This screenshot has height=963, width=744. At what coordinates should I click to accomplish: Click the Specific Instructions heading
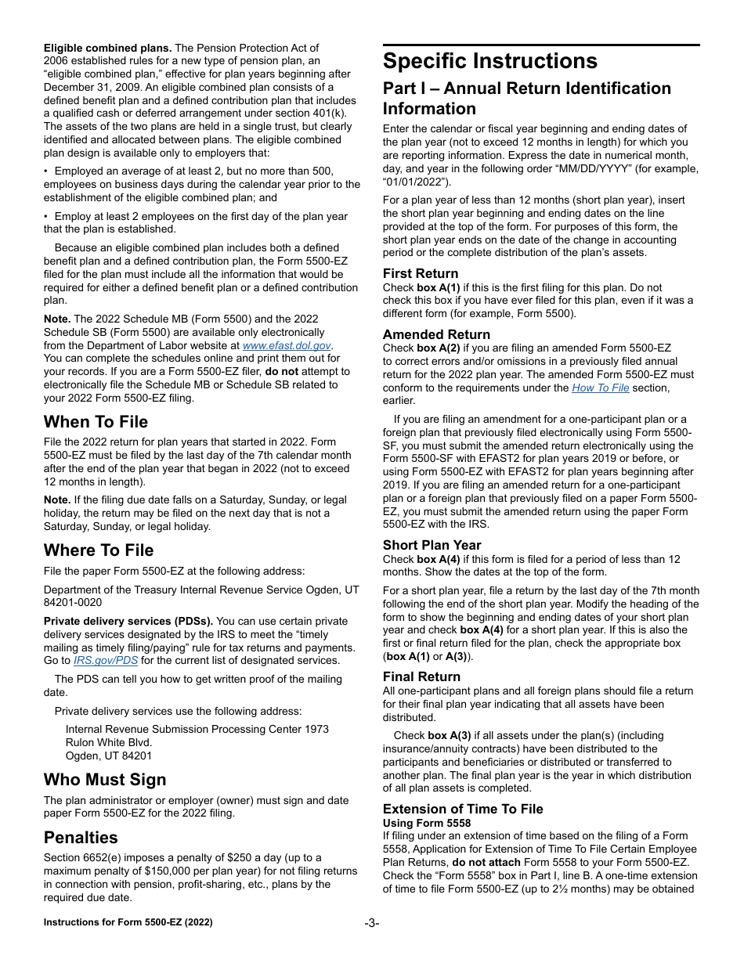point(489,61)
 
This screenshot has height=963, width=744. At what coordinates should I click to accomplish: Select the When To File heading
point(96,422)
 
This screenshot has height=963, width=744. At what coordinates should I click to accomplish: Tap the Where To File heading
point(99,550)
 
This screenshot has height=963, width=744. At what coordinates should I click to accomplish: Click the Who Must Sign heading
point(105,779)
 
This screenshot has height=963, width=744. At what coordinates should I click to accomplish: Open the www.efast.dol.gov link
point(287,345)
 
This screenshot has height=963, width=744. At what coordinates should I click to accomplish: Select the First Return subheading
point(421,273)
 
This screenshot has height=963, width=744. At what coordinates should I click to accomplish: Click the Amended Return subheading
point(436,334)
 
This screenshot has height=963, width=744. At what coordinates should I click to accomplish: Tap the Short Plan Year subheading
point(432,545)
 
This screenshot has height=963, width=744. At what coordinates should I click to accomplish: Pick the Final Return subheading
point(421,676)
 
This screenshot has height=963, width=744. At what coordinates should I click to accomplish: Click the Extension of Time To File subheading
point(462,809)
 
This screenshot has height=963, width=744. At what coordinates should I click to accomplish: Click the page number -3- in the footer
point(372,923)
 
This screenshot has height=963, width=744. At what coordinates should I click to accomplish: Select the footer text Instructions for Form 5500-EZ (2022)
point(128,923)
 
